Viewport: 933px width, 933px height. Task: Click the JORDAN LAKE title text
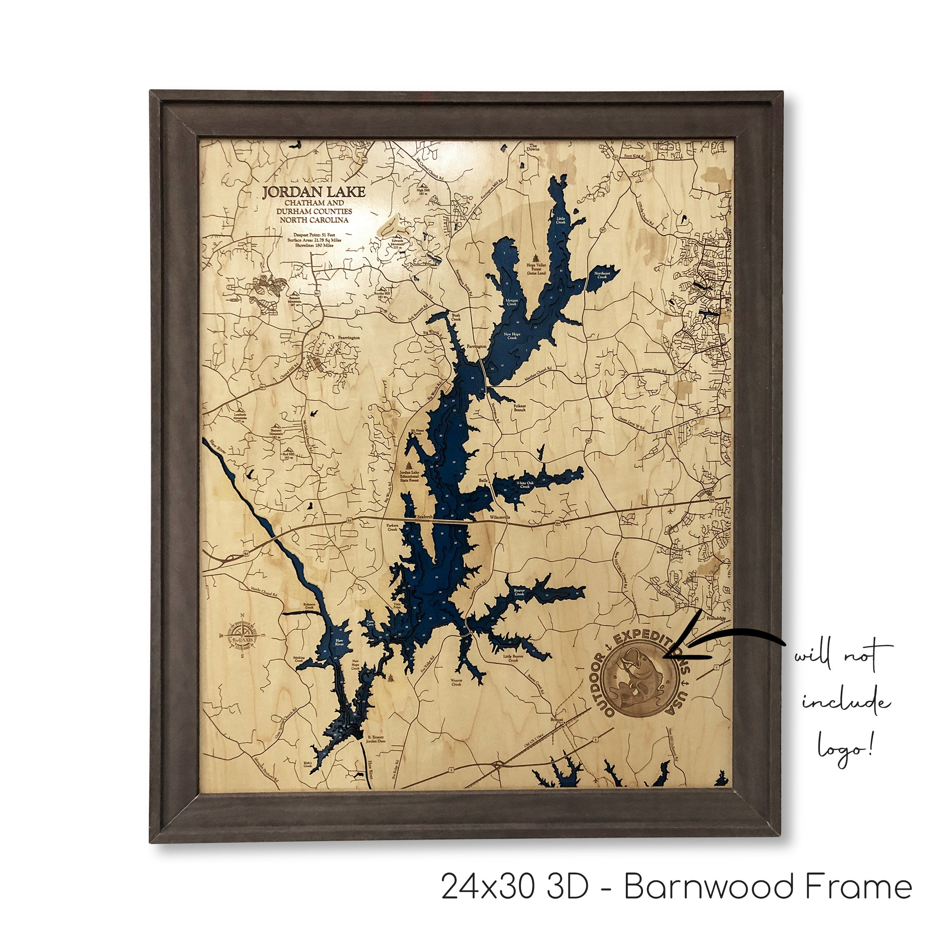coord(314,192)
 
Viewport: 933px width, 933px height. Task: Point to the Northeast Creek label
coord(601,275)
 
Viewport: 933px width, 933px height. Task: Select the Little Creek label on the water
coord(560,220)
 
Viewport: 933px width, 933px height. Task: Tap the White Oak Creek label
coord(524,484)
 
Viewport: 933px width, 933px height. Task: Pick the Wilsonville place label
coord(500,517)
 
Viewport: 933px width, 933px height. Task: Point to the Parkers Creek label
coord(392,527)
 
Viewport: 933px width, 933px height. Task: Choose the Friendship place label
coord(716,618)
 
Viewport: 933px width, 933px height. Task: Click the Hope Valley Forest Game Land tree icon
coord(536,258)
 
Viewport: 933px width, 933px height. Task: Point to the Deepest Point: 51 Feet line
coord(314,234)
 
